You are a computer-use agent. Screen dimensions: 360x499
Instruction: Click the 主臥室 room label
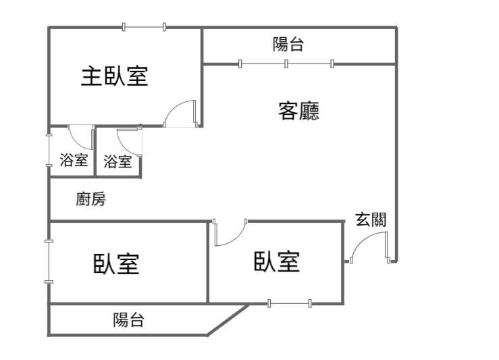[115, 76]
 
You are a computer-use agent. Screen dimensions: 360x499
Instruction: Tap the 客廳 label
[299, 110]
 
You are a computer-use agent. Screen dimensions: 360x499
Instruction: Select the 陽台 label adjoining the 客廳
[288, 45]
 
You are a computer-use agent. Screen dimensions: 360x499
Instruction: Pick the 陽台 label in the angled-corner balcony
[128, 319]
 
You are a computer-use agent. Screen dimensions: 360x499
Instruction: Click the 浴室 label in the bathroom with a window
[74, 161]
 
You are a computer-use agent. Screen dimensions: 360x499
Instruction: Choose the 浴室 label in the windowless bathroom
[118, 161]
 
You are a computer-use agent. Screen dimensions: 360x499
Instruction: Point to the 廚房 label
[90, 199]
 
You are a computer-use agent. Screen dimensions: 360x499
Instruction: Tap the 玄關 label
[371, 219]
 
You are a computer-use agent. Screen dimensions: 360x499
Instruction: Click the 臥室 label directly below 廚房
[116, 263]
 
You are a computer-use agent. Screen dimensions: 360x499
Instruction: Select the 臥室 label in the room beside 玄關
[277, 261]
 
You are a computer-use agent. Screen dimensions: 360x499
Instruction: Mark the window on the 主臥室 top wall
[144, 27]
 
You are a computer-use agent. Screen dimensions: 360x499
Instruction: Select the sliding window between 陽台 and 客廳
[286, 64]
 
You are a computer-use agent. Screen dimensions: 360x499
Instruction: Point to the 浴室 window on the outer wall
[49, 151]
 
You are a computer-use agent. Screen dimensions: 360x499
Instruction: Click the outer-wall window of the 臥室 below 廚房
[49, 261]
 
